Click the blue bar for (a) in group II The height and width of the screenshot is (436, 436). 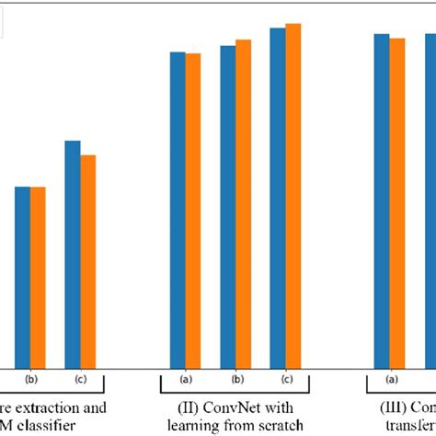point(178,211)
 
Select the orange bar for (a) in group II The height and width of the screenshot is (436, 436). point(193,212)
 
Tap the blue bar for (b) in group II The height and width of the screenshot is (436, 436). point(227,207)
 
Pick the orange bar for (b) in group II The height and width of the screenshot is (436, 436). point(243,204)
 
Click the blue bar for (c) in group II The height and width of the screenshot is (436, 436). point(277,199)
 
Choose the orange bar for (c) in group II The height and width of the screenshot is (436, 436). point(293,196)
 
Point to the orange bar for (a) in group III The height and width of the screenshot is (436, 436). point(396,203)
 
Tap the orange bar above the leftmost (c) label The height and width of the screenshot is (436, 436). point(88,262)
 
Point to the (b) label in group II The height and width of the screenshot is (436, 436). point(236,379)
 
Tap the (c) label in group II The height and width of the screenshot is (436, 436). point(286,379)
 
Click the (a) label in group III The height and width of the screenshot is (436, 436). point(390,379)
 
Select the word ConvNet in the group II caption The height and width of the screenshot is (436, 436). point(242,407)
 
